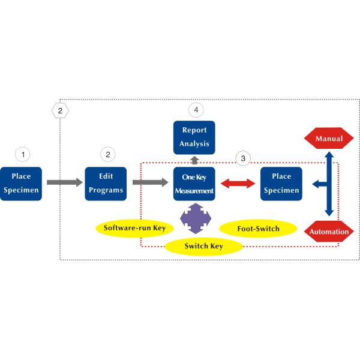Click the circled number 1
[23, 154]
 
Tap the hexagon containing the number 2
[60, 110]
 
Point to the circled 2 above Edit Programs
[108, 154]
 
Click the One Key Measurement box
[194, 184]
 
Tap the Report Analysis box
[194, 137]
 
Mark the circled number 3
[242, 158]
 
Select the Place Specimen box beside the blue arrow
[281, 184]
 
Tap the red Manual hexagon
[329, 139]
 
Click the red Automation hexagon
[329, 231]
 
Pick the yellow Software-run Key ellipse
[134, 228]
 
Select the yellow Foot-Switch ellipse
[258, 228]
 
